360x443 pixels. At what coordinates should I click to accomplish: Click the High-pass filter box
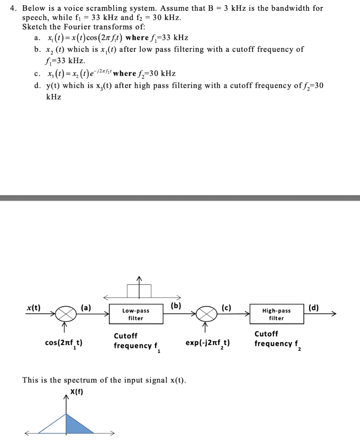[x=276, y=315]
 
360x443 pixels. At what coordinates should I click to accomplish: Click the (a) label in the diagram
[x=86, y=308]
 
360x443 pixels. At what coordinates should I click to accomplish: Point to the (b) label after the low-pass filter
[x=176, y=305]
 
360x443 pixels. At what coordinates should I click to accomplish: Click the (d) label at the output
[x=314, y=308]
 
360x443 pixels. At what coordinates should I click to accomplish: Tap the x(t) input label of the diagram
[x=32, y=308]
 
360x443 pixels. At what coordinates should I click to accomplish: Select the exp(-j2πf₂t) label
[x=207, y=343]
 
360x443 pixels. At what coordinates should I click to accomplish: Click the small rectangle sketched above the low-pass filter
[x=139, y=291]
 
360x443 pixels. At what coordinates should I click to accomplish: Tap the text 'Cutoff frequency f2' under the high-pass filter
[x=277, y=339]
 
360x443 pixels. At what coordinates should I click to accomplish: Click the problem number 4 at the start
[x=13, y=8]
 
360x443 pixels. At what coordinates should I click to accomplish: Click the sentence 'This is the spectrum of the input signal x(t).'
[x=104, y=380]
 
